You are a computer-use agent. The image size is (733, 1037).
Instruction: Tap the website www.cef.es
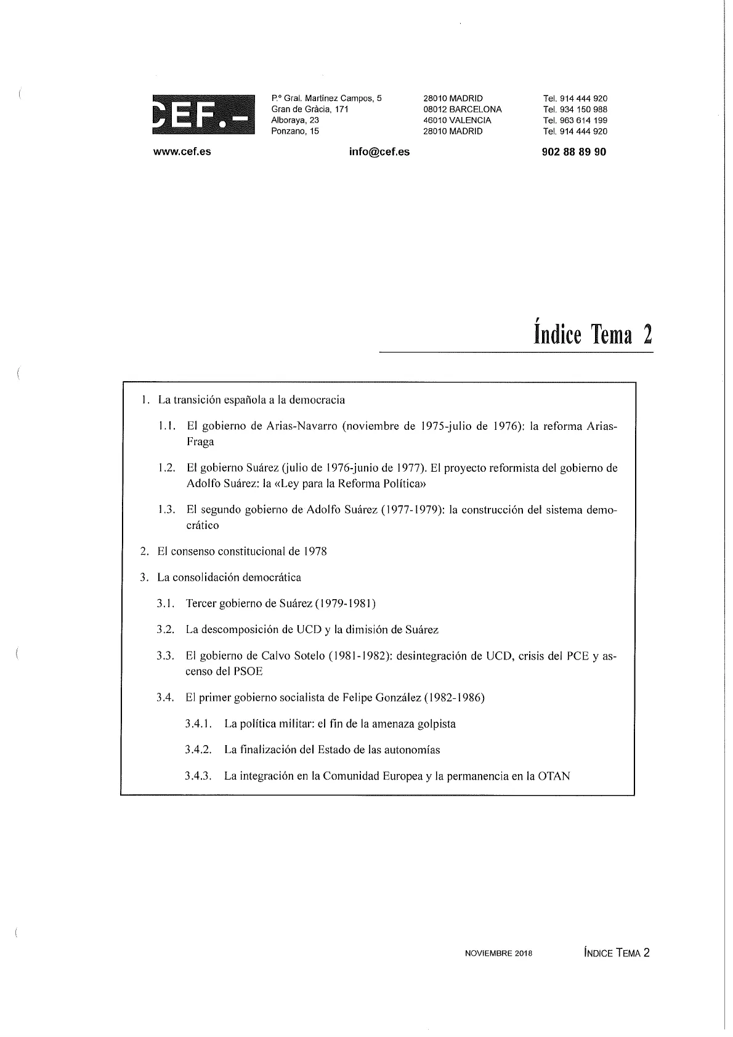[182, 151]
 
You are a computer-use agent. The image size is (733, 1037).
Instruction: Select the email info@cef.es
[379, 151]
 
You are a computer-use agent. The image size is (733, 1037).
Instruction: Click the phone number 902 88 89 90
[574, 151]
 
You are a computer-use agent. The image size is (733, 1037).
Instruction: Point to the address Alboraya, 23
[295, 120]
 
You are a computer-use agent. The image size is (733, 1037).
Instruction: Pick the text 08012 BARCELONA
[463, 109]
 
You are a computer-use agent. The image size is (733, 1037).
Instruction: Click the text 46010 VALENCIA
[457, 120]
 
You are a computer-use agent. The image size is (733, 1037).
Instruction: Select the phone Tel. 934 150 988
[575, 109]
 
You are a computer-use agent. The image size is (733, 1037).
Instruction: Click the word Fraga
[200, 442]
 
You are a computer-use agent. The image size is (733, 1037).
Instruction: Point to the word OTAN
[554, 776]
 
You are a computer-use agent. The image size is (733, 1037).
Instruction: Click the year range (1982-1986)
[455, 698]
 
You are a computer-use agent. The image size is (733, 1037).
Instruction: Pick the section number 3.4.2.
[198, 750]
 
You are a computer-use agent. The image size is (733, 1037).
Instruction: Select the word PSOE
[248, 672]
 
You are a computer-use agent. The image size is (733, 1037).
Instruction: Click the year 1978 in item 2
[315, 551]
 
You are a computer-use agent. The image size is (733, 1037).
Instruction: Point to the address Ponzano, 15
[295, 131]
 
